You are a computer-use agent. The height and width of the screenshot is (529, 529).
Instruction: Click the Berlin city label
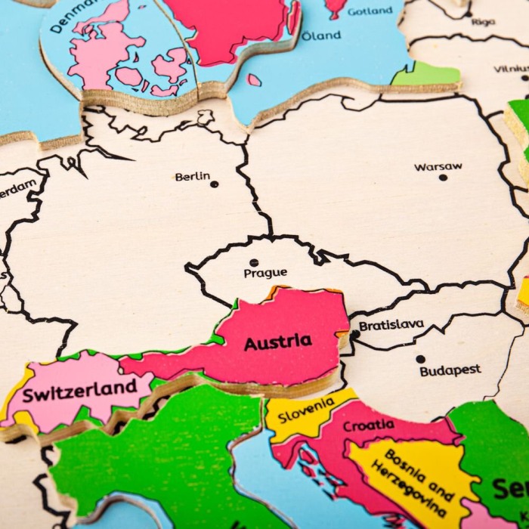(192, 177)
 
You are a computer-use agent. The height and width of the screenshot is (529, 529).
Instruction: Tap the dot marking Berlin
(214, 184)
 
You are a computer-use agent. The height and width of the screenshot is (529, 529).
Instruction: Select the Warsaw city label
(438, 167)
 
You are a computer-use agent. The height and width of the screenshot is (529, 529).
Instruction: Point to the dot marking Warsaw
(443, 178)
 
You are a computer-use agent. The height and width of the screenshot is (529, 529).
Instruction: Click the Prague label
(265, 273)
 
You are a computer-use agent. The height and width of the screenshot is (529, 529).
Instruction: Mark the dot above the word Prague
(254, 262)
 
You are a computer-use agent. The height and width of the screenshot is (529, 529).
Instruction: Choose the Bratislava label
(391, 326)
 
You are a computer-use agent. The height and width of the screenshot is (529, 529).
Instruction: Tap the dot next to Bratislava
(355, 334)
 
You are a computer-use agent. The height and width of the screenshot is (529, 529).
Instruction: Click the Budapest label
(450, 370)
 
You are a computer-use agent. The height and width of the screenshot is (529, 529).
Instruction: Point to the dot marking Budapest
(420, 359)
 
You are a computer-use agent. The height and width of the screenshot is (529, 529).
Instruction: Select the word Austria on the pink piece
(277, 342)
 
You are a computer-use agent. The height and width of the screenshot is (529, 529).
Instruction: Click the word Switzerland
(79, 391)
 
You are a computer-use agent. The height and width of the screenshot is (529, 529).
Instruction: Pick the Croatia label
(368, 425)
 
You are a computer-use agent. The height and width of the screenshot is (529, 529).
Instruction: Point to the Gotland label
(370, 11)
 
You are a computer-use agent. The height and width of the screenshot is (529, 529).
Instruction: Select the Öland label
(321, 36)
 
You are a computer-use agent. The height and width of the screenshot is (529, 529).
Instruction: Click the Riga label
(483, 22)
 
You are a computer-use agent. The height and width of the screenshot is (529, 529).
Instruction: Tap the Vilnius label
(512, 69)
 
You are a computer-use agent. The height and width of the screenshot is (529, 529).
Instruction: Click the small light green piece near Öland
(425, 74)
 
